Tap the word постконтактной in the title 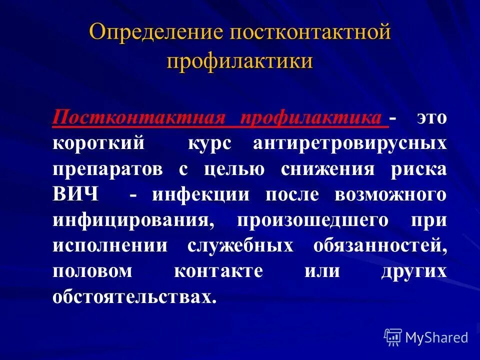(x=309, y=33)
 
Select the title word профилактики (x=240, y=61)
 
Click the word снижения (x=327, y=169)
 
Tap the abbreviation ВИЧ (x=75, y=194)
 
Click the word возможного (x=390, y=194)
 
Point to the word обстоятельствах (x=135, y=297)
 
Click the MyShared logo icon (x=393, y=337)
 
